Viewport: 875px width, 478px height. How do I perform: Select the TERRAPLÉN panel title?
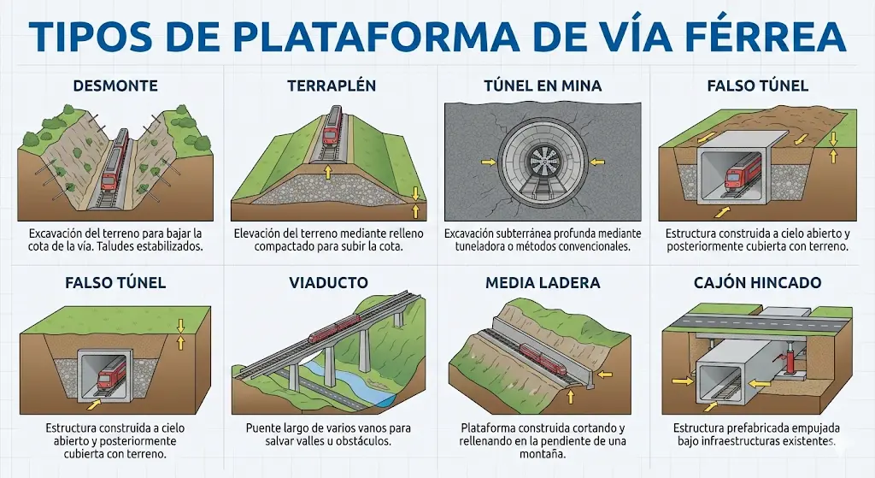pyautogui.click(x=332, y=86)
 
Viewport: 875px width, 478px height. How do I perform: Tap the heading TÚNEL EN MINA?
pyautogui.click(x=543, y=86)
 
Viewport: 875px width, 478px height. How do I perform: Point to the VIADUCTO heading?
pyautogui.click(x=328, y=282)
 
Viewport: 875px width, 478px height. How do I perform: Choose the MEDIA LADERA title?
pyautogui.click(x=543, y=282)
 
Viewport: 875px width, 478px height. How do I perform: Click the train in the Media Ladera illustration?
pyautogui.click(x=542, y=358)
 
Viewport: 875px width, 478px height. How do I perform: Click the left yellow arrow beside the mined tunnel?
pyautogui.click(x=486, y=161)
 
